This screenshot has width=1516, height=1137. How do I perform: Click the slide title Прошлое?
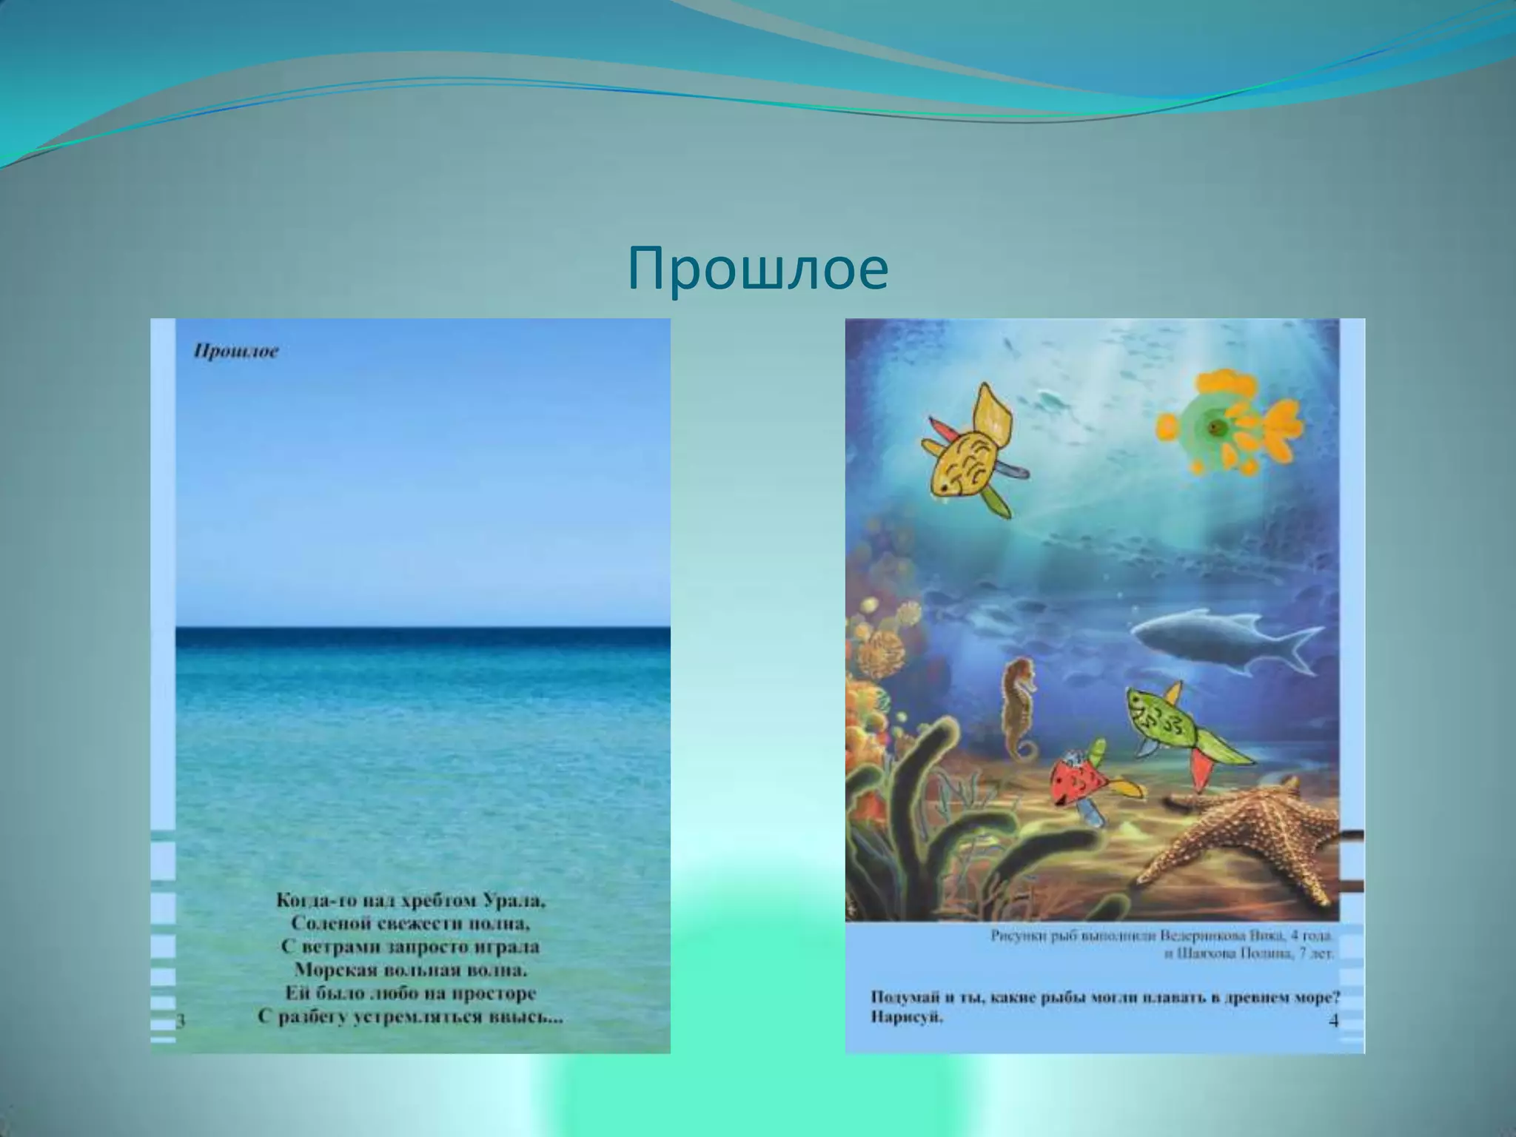757,269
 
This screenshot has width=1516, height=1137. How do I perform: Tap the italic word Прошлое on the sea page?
236,352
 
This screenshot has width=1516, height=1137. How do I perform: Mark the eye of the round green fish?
1215,426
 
